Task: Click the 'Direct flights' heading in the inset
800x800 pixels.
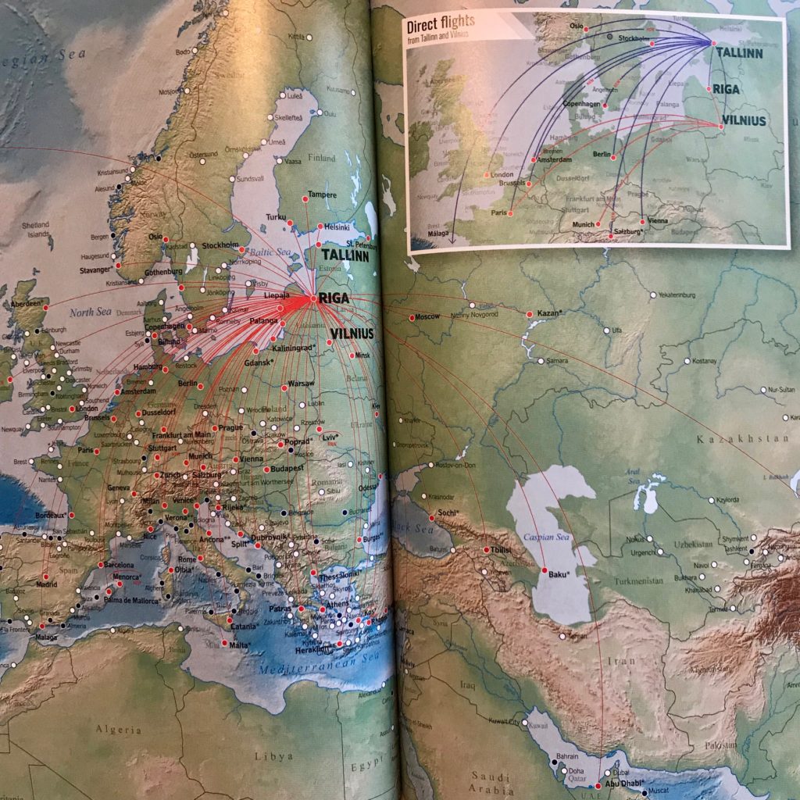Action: [441, 23]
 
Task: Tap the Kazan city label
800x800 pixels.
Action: [550, 313]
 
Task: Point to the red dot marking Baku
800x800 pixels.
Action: [545, 571]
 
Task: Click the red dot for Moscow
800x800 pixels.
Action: [412, 316]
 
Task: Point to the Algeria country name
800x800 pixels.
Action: [120, 730]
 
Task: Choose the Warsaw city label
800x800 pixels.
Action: [301, 384]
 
